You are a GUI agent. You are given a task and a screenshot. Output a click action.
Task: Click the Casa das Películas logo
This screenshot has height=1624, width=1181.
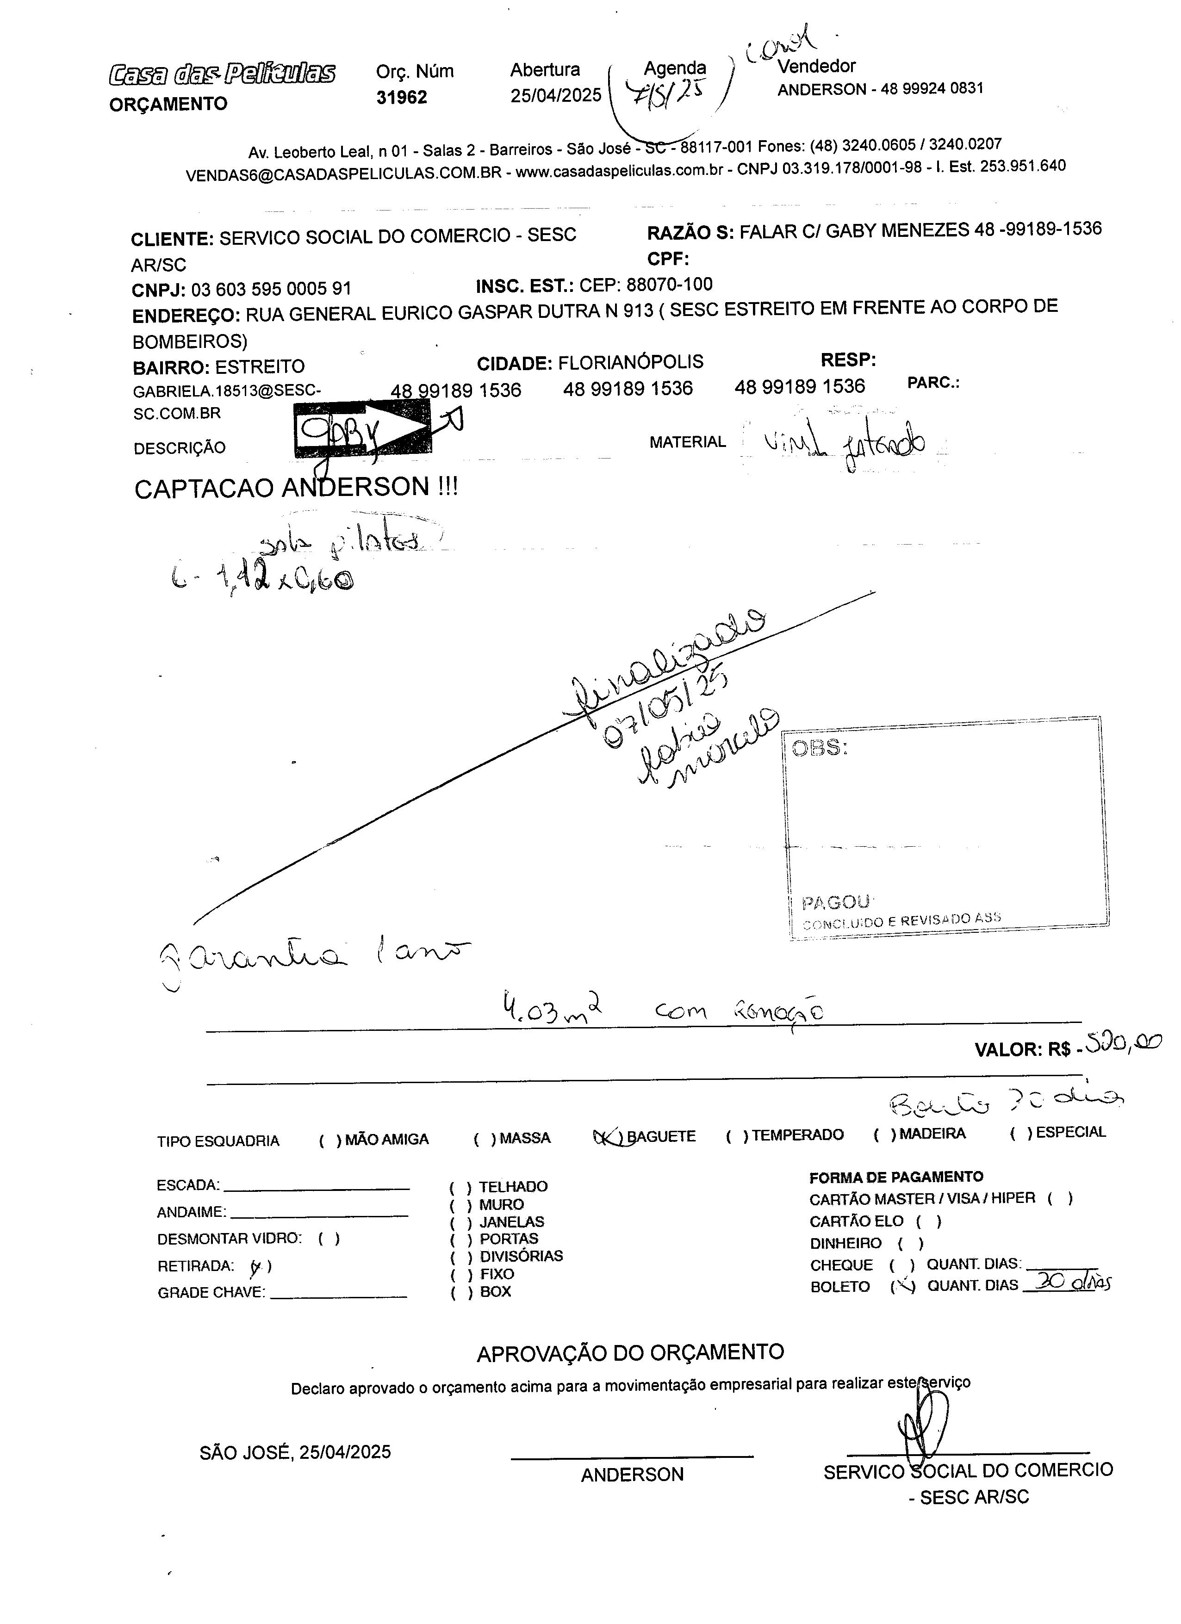(222, 74)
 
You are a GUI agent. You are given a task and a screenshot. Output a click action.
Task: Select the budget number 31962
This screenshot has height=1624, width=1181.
(401, 97)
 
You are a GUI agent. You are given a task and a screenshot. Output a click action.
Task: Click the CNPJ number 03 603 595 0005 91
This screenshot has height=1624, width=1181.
(271, 289)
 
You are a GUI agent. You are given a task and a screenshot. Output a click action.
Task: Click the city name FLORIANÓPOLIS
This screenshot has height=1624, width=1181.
(630, 362)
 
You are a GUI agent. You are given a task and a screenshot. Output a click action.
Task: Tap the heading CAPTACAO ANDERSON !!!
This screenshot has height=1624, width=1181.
(296, 488)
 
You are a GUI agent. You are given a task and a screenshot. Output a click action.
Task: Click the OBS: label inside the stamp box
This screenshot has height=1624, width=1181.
(819, 748)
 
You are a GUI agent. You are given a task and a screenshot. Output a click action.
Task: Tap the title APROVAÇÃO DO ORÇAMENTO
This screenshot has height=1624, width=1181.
(630, 1352)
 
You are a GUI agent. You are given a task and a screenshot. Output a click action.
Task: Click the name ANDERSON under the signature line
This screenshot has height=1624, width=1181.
(633, 1475)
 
